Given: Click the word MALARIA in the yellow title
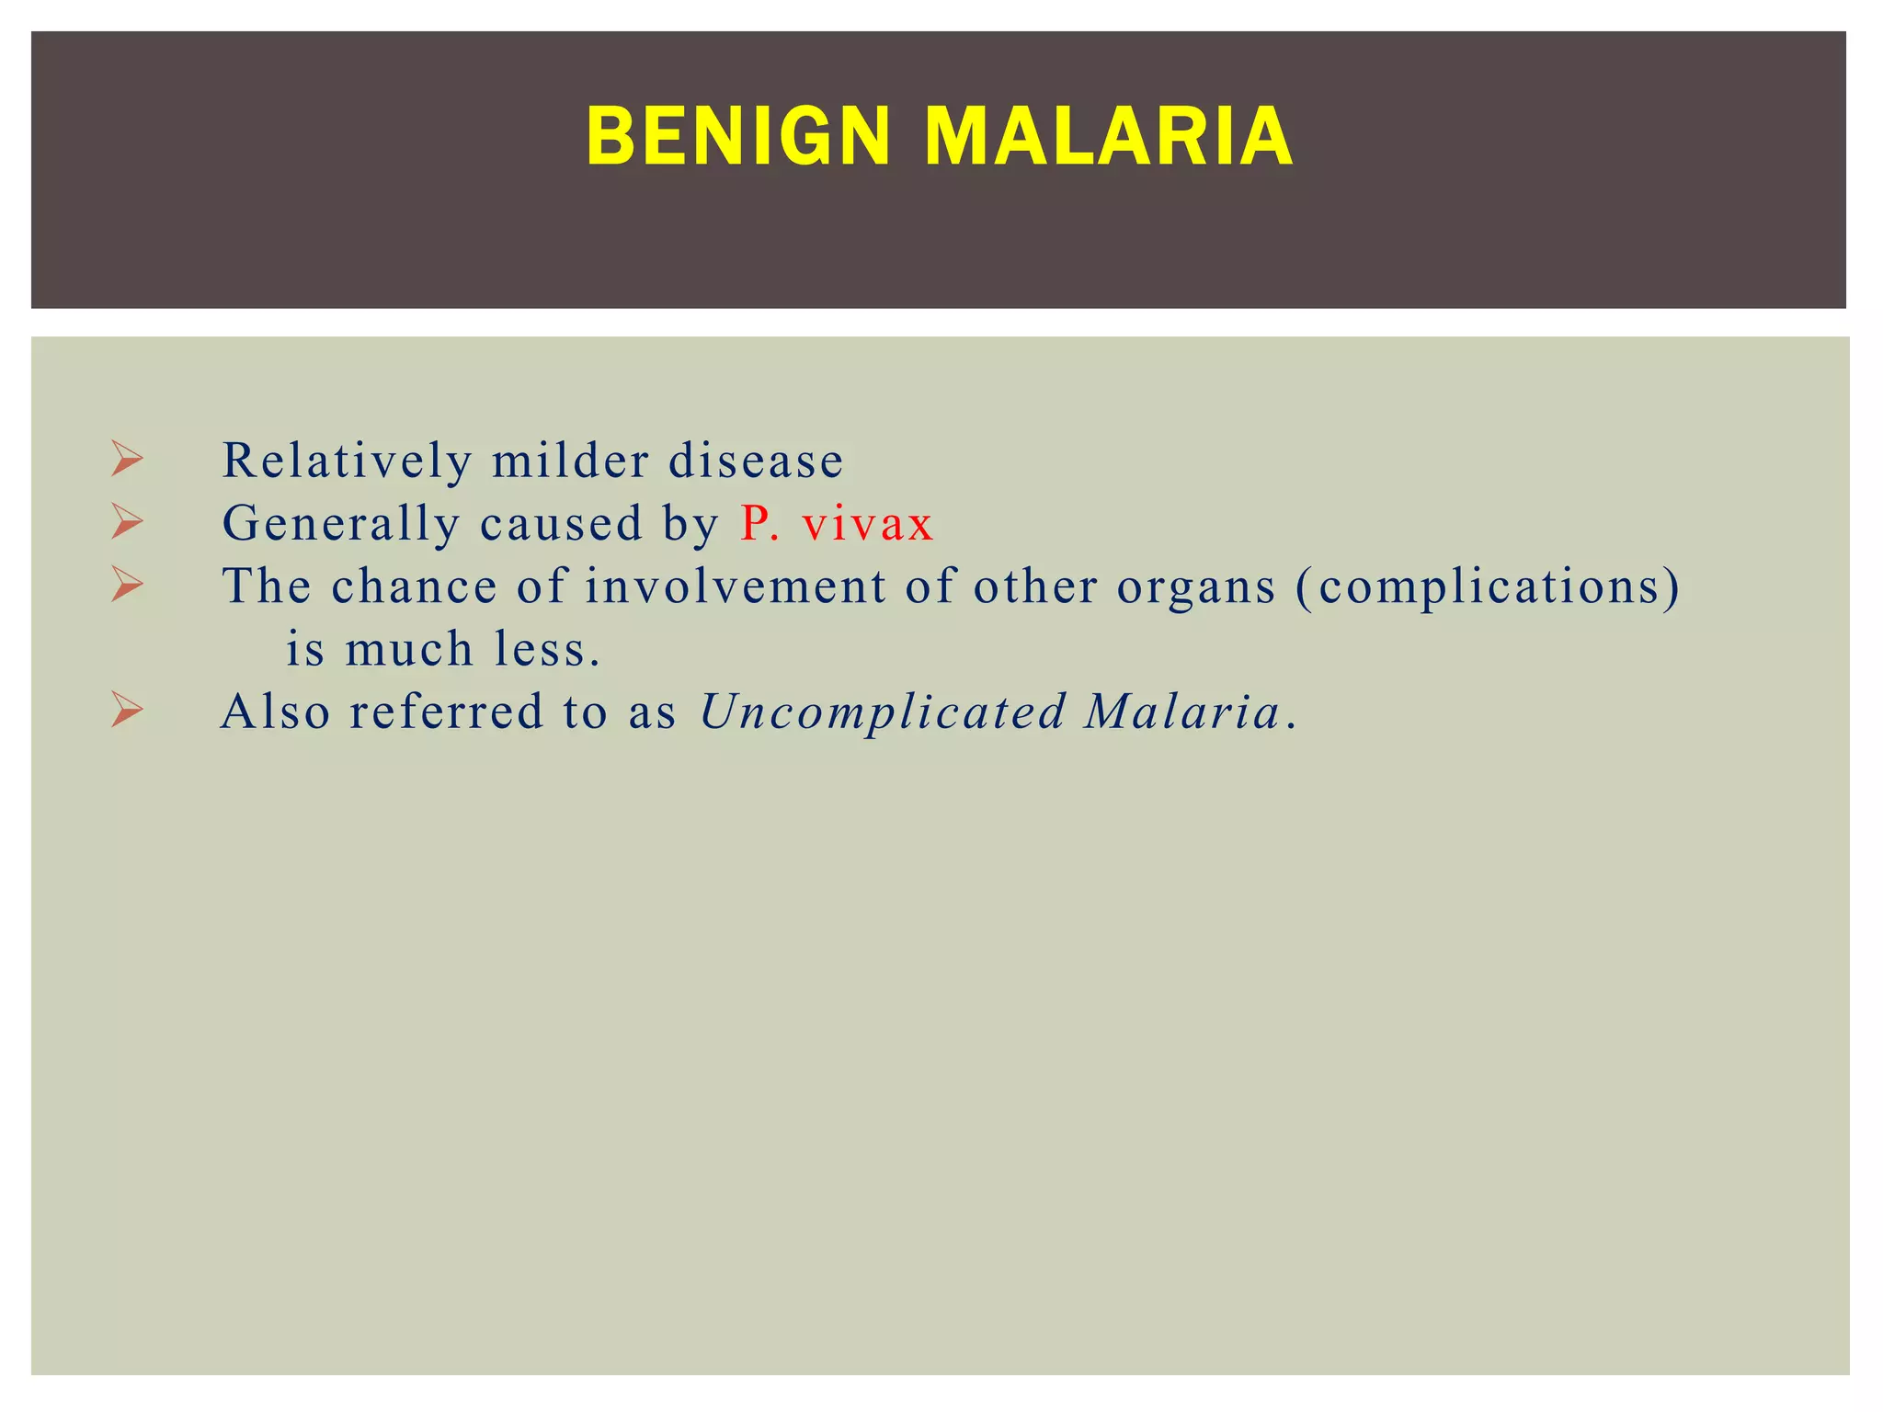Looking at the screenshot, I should coord(1109,137).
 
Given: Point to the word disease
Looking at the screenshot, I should coord(755,461).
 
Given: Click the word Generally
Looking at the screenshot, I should coord(341,524).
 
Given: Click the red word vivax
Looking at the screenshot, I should coord(867,524).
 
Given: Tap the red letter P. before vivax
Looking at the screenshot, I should coord(759,524).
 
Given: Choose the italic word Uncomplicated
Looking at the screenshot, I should coord(883,712).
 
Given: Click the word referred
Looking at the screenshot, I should coord(447,712).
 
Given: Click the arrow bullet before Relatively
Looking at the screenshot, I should coord(127,459).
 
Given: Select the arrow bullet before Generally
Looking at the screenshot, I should coord(127,521).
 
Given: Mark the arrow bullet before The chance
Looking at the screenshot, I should coord(127,585).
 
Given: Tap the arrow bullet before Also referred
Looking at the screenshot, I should coord(127,710).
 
